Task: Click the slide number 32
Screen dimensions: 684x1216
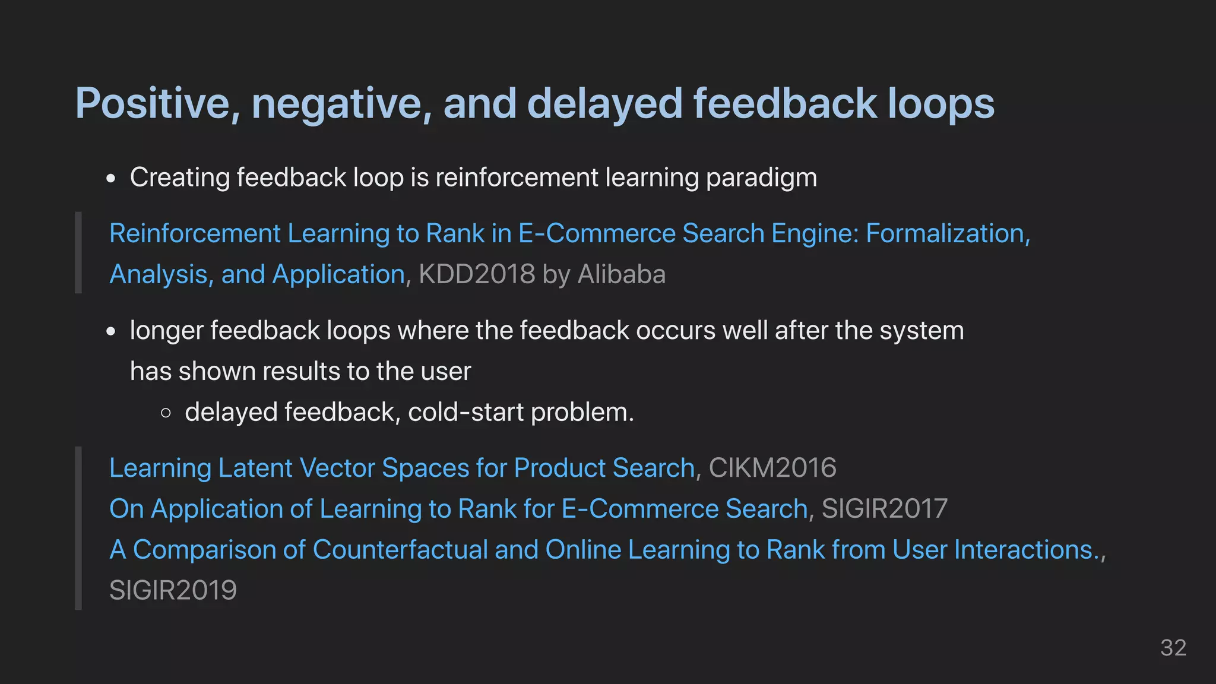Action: coord(1173,648)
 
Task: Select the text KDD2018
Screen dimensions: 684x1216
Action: coord(477,274)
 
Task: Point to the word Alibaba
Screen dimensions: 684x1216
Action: coord(622,274)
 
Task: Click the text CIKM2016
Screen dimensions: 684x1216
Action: coord(772,468)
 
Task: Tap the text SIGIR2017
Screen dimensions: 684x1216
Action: coord(885,509)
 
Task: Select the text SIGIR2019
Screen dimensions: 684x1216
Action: coord(173,590)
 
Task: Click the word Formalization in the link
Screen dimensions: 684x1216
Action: coord(947,233)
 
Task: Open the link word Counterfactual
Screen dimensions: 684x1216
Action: coord(400,550)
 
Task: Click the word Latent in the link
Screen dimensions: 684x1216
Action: coord(256,468)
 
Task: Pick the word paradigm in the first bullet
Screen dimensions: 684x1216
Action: coord(761,178)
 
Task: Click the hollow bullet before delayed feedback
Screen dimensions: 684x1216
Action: coord(166,413)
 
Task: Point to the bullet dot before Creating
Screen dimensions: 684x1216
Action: coord(111,179)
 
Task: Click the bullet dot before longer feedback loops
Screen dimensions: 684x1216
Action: coord(111,332)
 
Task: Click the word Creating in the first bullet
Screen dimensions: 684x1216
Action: coord(180,178)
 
